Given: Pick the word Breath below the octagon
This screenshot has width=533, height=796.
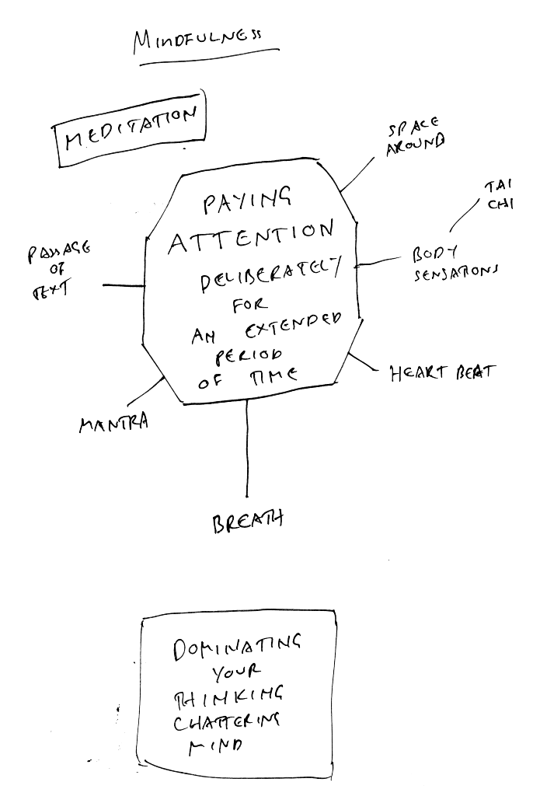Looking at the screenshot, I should pos(247,520).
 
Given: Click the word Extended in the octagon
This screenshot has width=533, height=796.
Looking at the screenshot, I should pos(292,331).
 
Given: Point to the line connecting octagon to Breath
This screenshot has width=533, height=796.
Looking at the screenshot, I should pos(247,451).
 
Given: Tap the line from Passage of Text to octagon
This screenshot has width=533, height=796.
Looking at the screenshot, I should pos(124,286).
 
